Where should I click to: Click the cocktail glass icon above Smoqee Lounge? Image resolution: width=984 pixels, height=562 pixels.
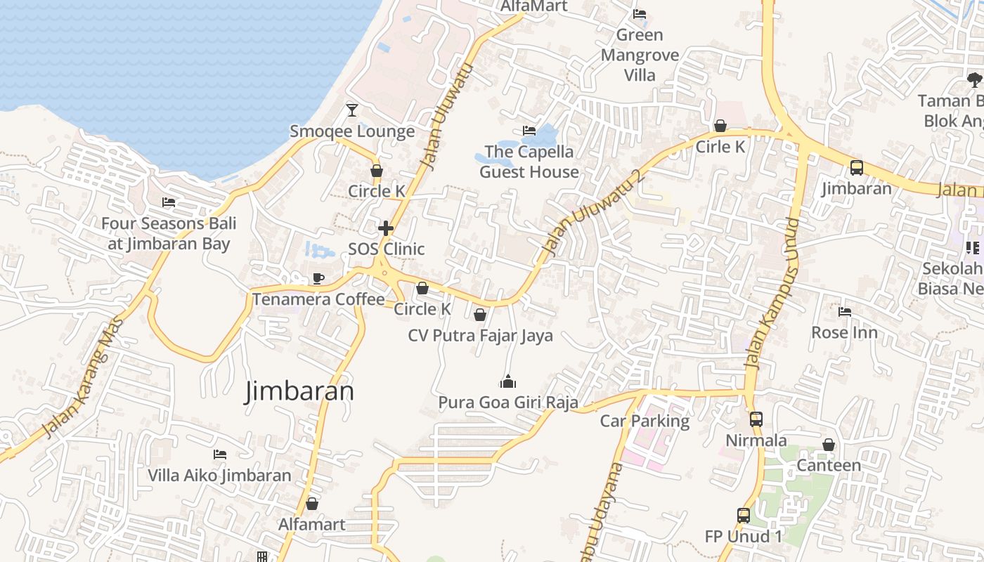pos(352,110)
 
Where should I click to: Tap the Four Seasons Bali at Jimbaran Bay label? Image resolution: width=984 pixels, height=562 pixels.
pos(169,234)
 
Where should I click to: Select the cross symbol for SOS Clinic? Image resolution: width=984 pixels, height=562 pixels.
pos(386,228)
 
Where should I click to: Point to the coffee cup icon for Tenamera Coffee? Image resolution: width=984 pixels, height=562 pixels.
pos(318,278)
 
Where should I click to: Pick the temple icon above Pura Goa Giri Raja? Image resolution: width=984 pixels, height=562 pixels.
pos(507,381)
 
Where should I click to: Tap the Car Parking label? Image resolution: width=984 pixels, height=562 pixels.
pos(645,421)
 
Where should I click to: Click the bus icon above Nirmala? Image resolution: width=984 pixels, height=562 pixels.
pos(756,419)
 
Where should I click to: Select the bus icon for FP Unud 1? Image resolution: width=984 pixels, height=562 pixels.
pos(744,516)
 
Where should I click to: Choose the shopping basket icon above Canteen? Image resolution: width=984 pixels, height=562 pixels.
pos(829,445)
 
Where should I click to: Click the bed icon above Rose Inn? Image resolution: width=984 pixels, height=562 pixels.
pos(845,311)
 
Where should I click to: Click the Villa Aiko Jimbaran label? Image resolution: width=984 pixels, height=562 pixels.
pos(219,476)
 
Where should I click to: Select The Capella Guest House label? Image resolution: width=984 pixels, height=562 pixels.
pos(529,162)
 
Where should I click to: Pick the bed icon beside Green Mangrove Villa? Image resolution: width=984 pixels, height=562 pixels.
pos(640,13)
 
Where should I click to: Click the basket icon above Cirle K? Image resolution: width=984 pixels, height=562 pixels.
pos(720,126)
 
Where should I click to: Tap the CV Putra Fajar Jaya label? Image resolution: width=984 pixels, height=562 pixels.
pos(481,336)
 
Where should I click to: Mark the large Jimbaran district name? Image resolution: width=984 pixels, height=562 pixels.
pos(299,391)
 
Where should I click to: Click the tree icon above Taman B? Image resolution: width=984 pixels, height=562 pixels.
pos(974,79)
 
